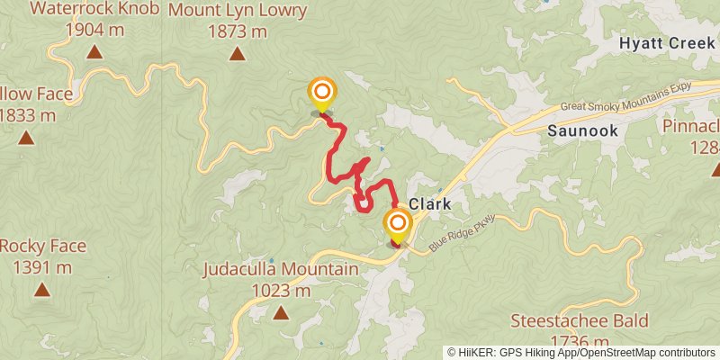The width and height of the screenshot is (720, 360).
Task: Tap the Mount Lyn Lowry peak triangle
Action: pyautogui.click(x=237, y=54)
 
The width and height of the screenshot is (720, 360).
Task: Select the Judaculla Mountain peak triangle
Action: pyautogui.click(x=281, y=313)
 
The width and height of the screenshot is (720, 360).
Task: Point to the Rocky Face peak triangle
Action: pyautogui.click(x=41, y=290)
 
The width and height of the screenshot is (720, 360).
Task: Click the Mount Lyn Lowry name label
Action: pyautogui.click(x=238, y=12)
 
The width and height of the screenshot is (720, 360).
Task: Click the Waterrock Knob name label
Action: pyautogui.click(x=94, y=10)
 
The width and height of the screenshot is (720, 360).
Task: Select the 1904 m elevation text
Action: pyautogui.click(x=94, y=30)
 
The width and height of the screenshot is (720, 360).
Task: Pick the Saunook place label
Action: pyautogui.click(x=582, y=130)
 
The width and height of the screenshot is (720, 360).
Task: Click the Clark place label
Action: pyautogui.click(x=430, y=203)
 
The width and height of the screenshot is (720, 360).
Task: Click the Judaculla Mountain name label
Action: pyautogui.click(x=280, y=269)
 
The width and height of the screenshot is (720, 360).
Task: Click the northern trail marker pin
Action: pyautogui.click(x=322, y=94)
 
